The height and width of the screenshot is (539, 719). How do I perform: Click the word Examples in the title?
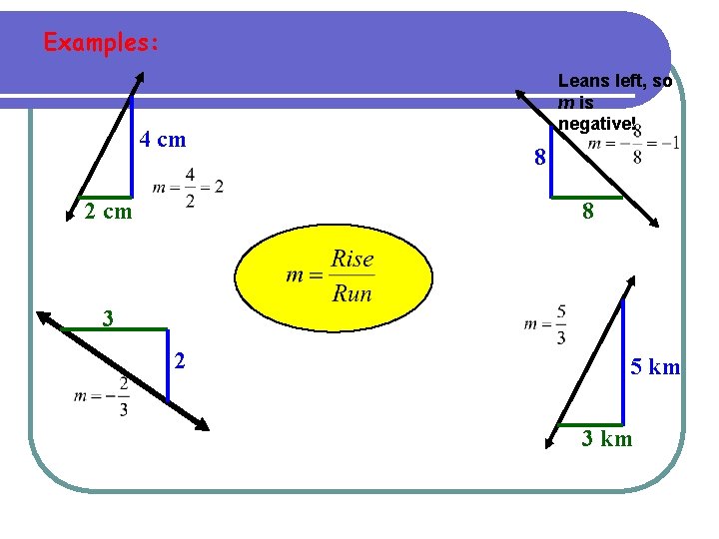tap(99, 44)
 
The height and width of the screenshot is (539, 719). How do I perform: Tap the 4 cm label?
tap(162, 140)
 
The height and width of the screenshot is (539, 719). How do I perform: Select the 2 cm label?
tap(108, 212)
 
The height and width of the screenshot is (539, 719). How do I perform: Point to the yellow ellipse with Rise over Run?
tap(334, 275)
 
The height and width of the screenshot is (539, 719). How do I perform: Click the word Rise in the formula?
tap(353, 260)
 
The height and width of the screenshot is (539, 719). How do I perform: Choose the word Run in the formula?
tap(352, 293)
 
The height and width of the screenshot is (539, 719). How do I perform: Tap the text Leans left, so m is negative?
tap(613, 101)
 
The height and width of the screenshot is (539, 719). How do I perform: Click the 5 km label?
tap(654, 367)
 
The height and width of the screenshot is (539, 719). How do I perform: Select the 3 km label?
tap(607, 438)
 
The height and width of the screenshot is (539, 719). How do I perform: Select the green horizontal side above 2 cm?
tap(107, 198)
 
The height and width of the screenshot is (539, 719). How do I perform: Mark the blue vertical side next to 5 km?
tap(622, 359)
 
